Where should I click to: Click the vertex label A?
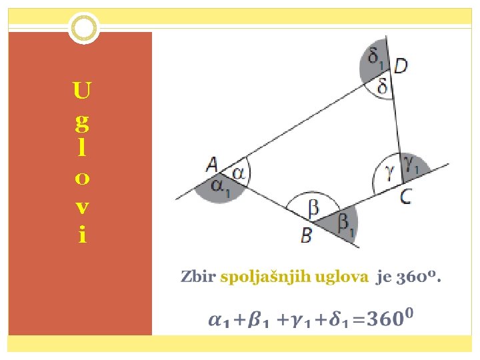[212, 164]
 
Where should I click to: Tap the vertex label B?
[306, 235]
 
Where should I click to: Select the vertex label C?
[405, 196]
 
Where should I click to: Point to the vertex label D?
[401, 65]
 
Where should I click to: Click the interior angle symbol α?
[238, 172]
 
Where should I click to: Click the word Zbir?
[198, 277]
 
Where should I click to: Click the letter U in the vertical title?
[82, 89]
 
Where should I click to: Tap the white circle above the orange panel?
[84, 27]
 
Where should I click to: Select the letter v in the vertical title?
[81, 207]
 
